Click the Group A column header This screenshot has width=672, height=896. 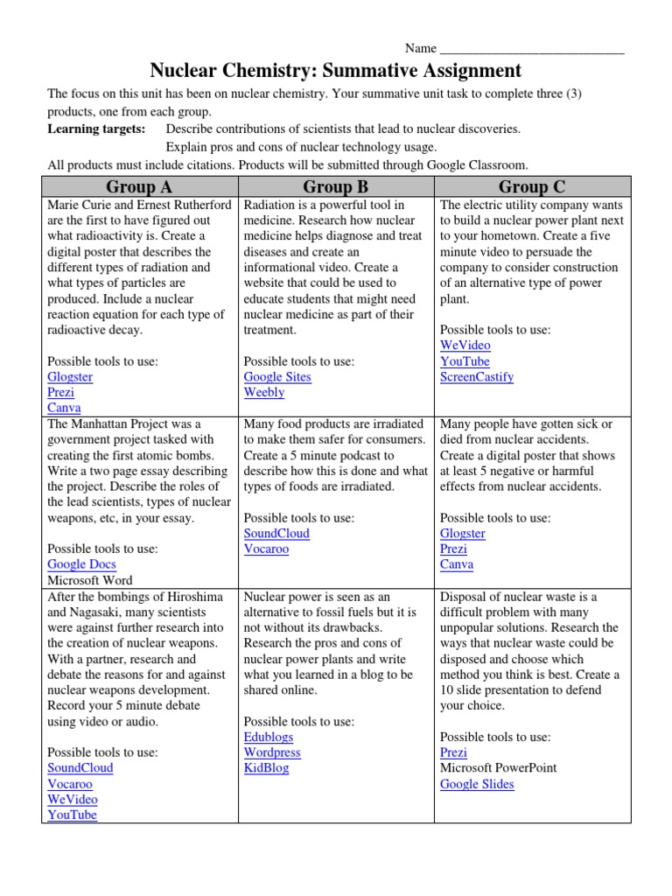[x=139, y=186]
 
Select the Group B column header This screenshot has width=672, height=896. [x=335, y=186]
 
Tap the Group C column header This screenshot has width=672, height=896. [x=532, y=186]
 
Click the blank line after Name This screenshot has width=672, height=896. [x=532, y=48]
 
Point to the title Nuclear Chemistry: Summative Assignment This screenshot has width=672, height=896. [x=336, y=71]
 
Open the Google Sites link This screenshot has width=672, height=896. [x=277, y=377]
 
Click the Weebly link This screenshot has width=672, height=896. [x=264, y=393]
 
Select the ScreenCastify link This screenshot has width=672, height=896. [x=477, y=377]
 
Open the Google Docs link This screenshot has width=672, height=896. [x=81, y=564]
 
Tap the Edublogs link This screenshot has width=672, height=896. [x=269, y=737]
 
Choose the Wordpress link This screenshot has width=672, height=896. [x=272, y=752]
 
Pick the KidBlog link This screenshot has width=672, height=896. [x=266, y=768]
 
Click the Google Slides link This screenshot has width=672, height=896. [x=477, y=784]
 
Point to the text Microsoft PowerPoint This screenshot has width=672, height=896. [x=498, y=768]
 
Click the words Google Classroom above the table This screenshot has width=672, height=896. [x=477, y=165]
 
